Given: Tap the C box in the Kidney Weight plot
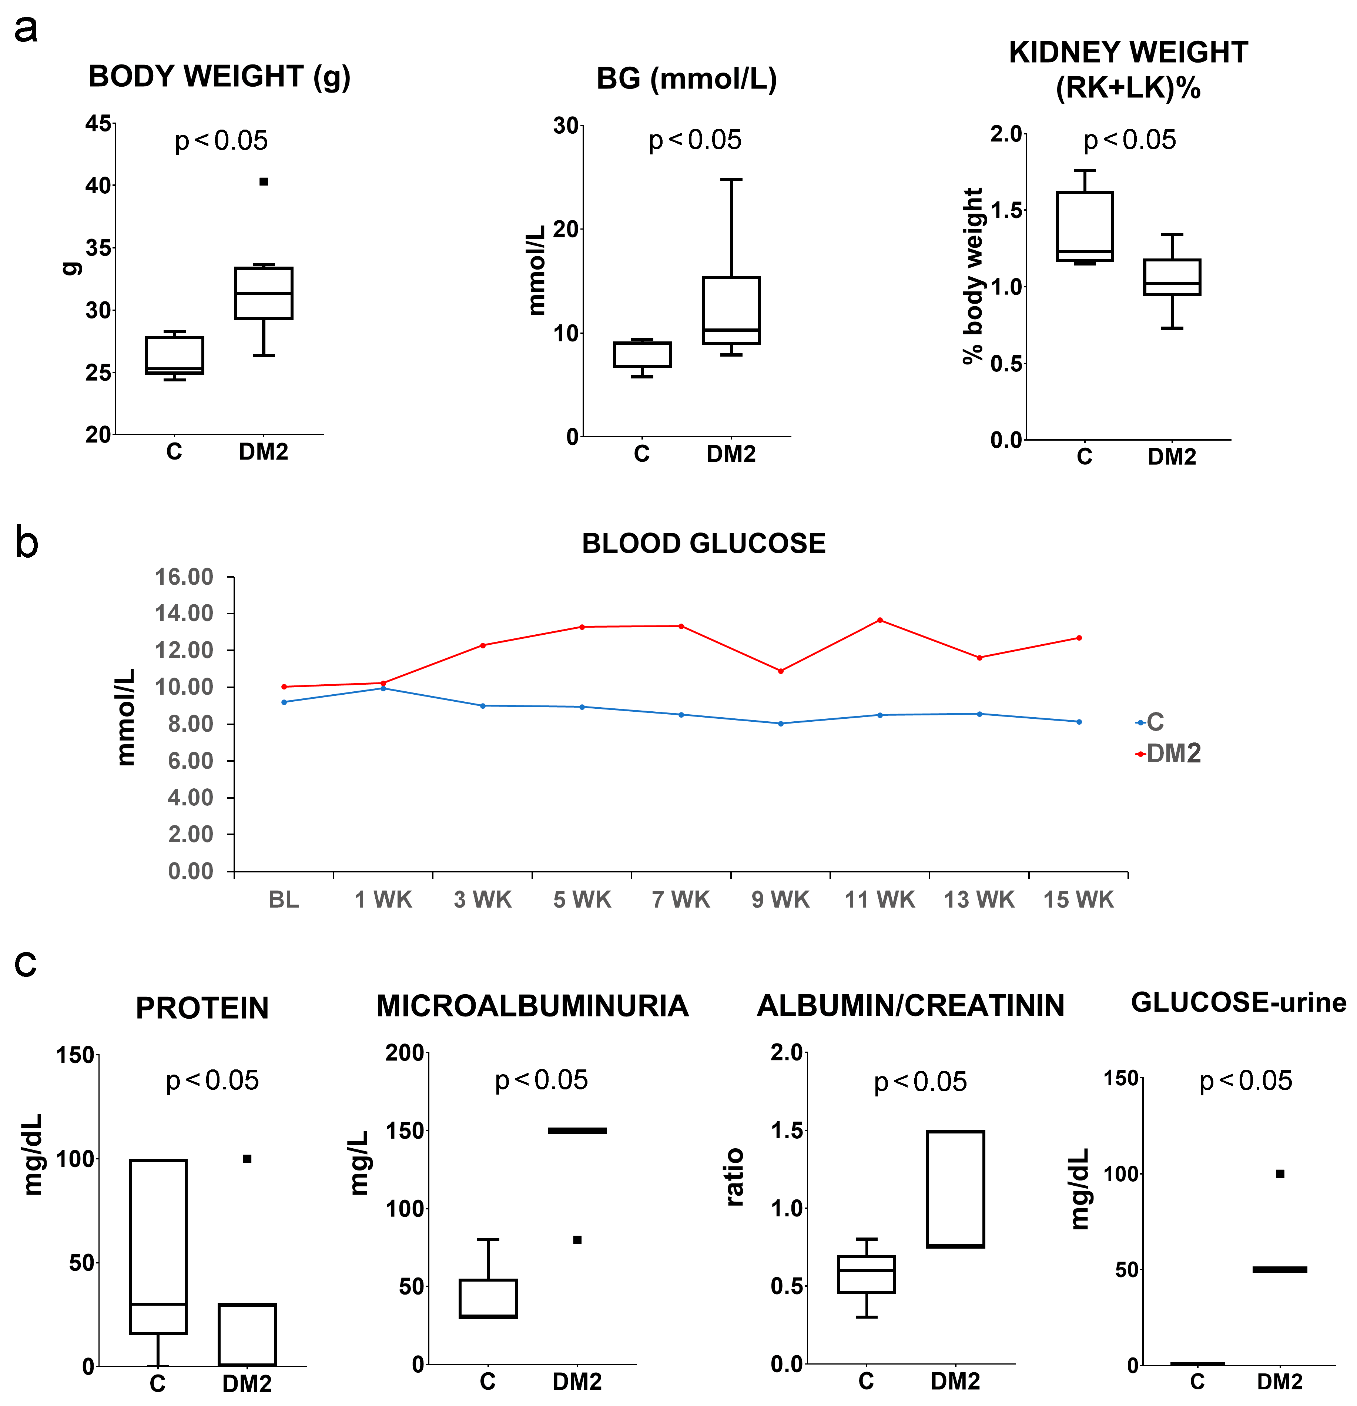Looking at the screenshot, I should [x=1085, y=226].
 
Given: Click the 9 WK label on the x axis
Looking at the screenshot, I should [x=780, y=899].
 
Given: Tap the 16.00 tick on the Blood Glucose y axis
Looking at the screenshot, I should [x=184, y=577].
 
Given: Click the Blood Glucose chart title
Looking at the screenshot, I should [x=704, y=544].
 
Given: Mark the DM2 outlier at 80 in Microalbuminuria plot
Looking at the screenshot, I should [x=577, y=1240].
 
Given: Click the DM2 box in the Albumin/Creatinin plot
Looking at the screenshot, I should [x=955, y=1189].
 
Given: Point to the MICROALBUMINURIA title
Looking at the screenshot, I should [x=532, y=1006].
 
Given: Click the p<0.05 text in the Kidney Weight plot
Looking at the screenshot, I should [x=1130, y=140].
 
